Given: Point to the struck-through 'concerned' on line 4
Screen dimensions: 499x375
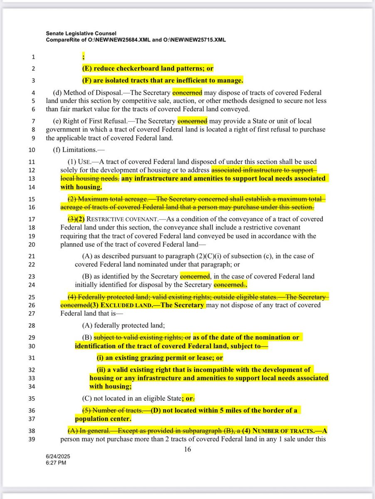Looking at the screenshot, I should tap(187, 93).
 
